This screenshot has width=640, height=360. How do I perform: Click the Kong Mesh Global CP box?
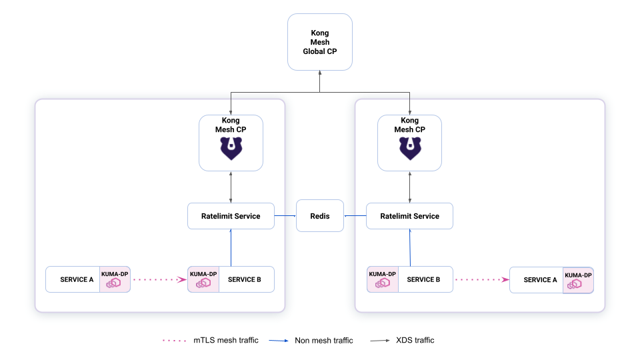pos(319,42)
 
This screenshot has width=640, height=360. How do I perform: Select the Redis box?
pos(319,216)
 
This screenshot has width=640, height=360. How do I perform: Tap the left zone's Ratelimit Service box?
pos(231,216)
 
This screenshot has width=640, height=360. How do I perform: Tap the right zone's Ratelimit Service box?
pos(409,216)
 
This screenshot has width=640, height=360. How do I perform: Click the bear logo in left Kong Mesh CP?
pos(231,148)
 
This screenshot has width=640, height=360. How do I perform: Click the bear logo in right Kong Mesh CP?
pos(410,148)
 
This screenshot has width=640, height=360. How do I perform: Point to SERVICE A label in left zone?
pos(77,279)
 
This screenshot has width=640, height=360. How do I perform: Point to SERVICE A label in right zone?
pos(540,280)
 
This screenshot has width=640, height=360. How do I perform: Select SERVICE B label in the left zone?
pos(244,279)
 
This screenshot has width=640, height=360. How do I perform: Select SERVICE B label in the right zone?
pos(423,279)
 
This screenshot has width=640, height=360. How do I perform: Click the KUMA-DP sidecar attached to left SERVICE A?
pos(115,279)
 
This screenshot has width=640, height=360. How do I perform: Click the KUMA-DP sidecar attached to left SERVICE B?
pos(203,279)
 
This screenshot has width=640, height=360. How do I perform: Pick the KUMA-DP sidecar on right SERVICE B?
pos(383,279)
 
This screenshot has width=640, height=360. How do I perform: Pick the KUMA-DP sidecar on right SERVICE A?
pos(578,281)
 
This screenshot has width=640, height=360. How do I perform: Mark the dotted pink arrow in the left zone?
pos(160,279)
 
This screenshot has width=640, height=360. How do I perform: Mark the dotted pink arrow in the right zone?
pos(482,279)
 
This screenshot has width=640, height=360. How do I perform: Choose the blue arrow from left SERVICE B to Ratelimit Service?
pos(231,248)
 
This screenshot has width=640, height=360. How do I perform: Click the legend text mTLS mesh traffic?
pos(226,340)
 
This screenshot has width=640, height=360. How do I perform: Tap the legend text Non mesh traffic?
pos(324,341)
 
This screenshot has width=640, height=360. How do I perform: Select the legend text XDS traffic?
pos(415,340)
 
